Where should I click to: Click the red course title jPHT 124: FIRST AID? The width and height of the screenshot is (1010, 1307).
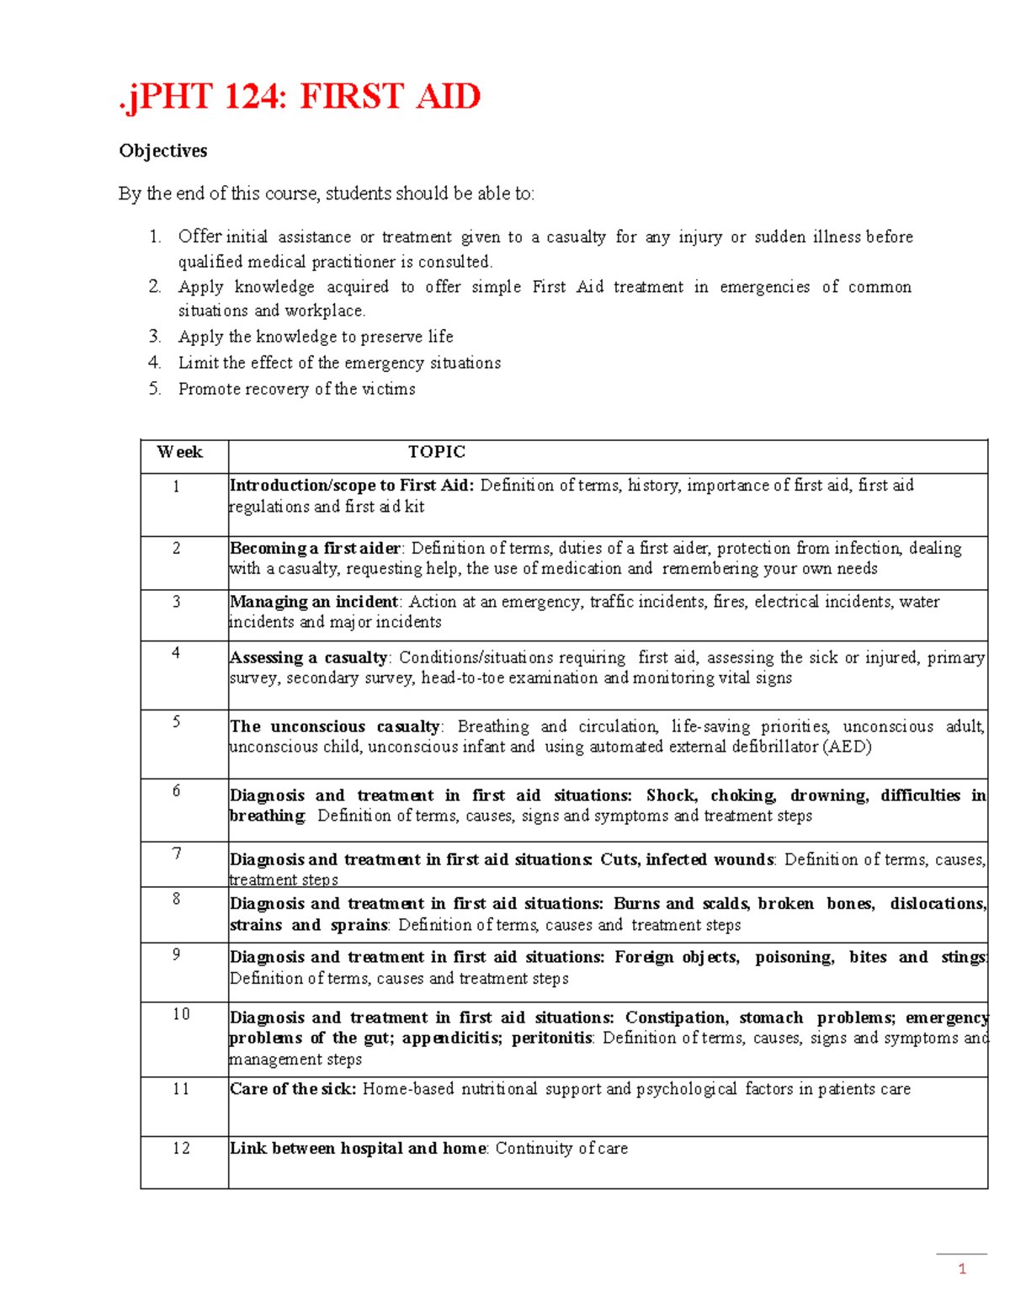coord(300,96)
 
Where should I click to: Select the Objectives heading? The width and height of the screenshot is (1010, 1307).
coord(163,151)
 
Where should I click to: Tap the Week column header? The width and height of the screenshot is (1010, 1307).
coord(180,452)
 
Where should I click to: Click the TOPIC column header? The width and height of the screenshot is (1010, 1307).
coord(436,452)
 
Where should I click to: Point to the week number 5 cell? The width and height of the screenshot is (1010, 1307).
coord(176,722)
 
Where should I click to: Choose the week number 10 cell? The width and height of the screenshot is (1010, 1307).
coord(181,1014)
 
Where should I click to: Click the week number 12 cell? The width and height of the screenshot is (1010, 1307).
coord(181,1148)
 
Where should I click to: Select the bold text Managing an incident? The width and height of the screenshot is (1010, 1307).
coord(314,602)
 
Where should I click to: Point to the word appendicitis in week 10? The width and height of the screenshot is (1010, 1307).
coord(451,1038)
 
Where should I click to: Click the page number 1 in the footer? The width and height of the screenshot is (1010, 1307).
coord(962,1269)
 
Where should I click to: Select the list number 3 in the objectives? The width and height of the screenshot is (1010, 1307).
coord(155,337)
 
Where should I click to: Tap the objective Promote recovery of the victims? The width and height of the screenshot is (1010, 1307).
coord(296,389)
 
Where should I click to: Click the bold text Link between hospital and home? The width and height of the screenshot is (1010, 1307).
coord(359,1148)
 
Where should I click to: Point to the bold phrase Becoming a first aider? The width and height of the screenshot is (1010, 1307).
coord(316,548)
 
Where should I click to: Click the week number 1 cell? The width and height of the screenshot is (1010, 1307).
coord(176,486)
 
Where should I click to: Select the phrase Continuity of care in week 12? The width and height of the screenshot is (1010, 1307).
coord(561,1148)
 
